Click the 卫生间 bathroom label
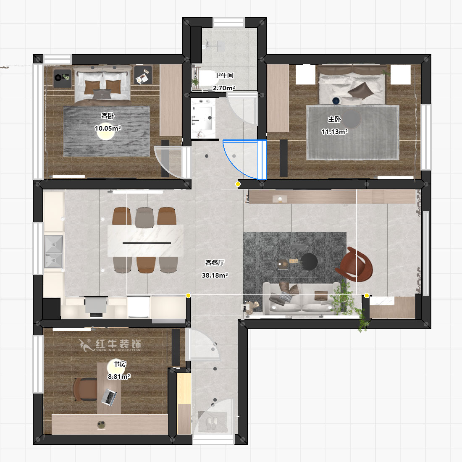coord(224,76)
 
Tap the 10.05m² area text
coord(108,128)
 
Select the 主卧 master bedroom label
coord(334,119)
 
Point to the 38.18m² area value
coord(215,275)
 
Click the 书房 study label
coord(120,364)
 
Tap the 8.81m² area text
coord(119,377)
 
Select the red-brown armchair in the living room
coord(354,264)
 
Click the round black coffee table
coord(309,262)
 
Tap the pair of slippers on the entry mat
coord(212,423)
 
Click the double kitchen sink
coord(54,251)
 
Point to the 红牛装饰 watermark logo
coord(110,345)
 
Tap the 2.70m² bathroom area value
coord(224,88)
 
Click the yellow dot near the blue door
coord(238,184)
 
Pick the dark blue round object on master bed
coord(336,101)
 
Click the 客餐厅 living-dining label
coord(215,262)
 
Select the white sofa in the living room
coord(302,298)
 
